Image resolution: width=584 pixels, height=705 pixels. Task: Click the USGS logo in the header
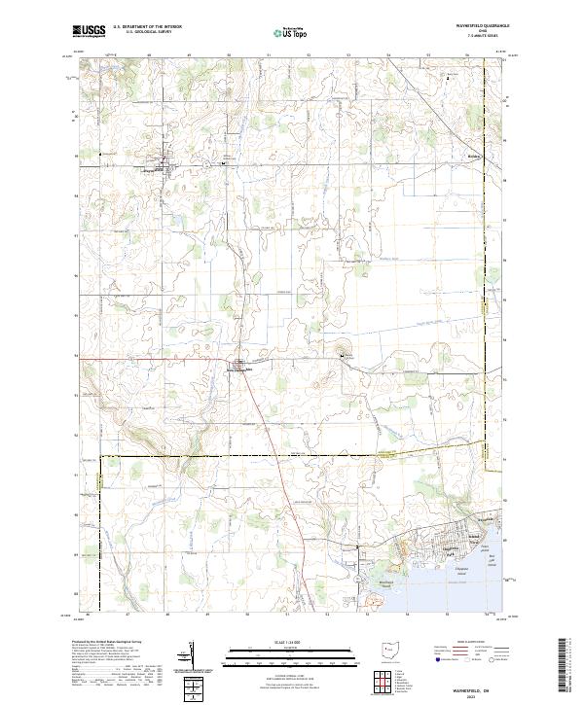coord(89,31)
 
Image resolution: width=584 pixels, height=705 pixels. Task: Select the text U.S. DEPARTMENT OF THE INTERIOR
coord(145,28)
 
